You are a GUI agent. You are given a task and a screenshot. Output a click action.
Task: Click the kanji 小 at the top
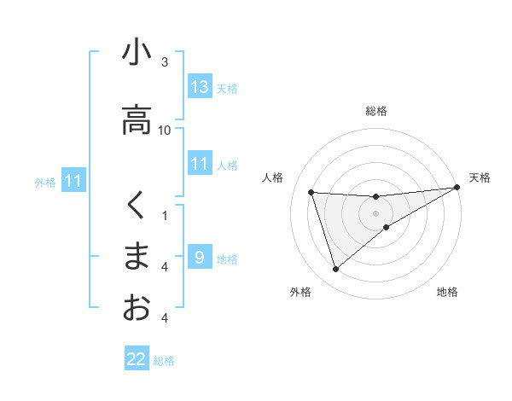pyautogui.click(x=137, y=53)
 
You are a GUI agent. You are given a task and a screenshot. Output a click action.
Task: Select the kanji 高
pyautogui.click(x=137, y=119)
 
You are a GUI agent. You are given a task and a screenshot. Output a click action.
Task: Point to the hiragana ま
pyautogui.click(x=137, y=257)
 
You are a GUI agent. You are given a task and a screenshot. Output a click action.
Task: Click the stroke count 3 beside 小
pyautogui.click(x=165, y=62)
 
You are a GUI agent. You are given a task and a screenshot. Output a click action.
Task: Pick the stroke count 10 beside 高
pyautogui.click(x=165, y=130)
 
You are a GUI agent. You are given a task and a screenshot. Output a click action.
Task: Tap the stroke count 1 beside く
pyautogui.click(x=165, y=215)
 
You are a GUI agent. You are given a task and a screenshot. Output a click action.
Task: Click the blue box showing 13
pyautogui.click(x=200, y=87)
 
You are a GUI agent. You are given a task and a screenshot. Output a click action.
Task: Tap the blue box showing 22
pyautogui.click(x=137, y=359)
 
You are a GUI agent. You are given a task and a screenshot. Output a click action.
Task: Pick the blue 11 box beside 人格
pyautogui.click(x=200, y=164)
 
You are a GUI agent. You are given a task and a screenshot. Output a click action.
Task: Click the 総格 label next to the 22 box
pyautogui.click(x=164, y=361)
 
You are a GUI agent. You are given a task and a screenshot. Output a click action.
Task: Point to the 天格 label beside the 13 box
pyautogui.click(x=227, y=89)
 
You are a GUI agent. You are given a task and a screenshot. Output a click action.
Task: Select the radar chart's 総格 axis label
pyautogui.click(x=376, y=112)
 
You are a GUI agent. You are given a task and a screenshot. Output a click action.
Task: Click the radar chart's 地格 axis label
pyautogui.click(x=447, y=293)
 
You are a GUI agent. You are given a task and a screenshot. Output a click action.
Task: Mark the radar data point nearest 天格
pyautogui.click(x=457, y=188)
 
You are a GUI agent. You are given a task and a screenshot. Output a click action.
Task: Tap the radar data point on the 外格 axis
pyautogui.click(x=335, y=270)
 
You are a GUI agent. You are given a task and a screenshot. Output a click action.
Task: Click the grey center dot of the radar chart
pyautogui.click(x=376, y=213)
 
